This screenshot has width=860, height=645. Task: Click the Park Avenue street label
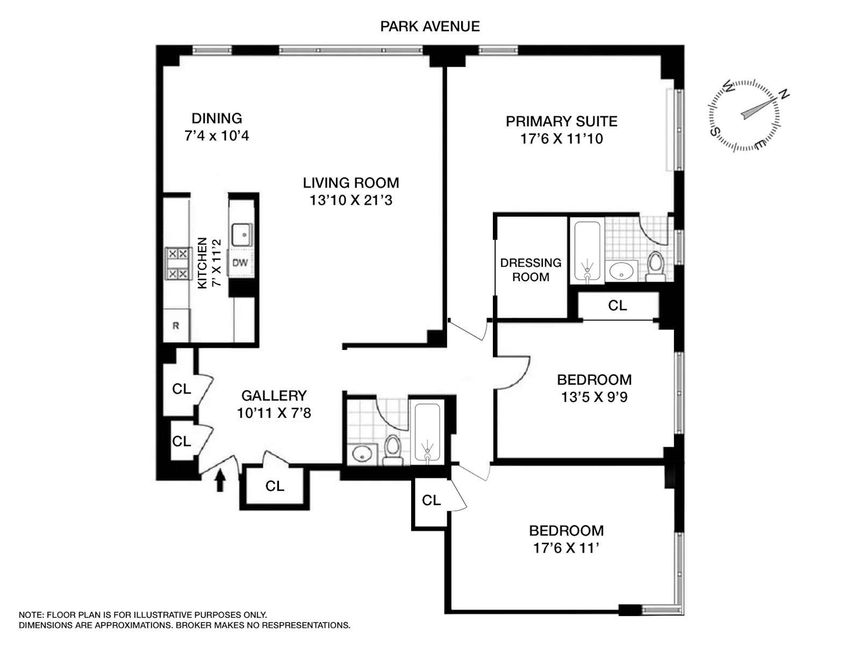tap(429, 26)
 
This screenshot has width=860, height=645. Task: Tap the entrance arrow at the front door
tap(220, 481)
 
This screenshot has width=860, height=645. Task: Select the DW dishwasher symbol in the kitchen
tap(240, 263)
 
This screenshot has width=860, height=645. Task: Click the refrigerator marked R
tap(176, 326)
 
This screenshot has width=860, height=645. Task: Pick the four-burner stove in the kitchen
tap(178, 263)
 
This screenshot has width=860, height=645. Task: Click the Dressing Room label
tap(531, 270)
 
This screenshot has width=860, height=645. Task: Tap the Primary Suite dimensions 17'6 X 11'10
tap(561, 139)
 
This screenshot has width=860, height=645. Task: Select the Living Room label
tap(350, 183)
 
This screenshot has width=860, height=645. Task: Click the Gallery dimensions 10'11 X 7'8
tap(274, 413)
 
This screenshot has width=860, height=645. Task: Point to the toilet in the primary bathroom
tap(655, 266)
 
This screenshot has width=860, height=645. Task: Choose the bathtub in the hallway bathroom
tap(427, 432)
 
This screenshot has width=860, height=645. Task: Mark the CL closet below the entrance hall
tap(275, 486)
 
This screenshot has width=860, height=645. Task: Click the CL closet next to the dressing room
tap(617, 305)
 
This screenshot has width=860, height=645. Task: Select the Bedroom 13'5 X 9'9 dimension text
tap(594, 397)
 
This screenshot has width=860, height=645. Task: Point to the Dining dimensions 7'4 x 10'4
tap(217, 135)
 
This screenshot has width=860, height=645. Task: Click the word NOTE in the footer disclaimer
tap(31, 615)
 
